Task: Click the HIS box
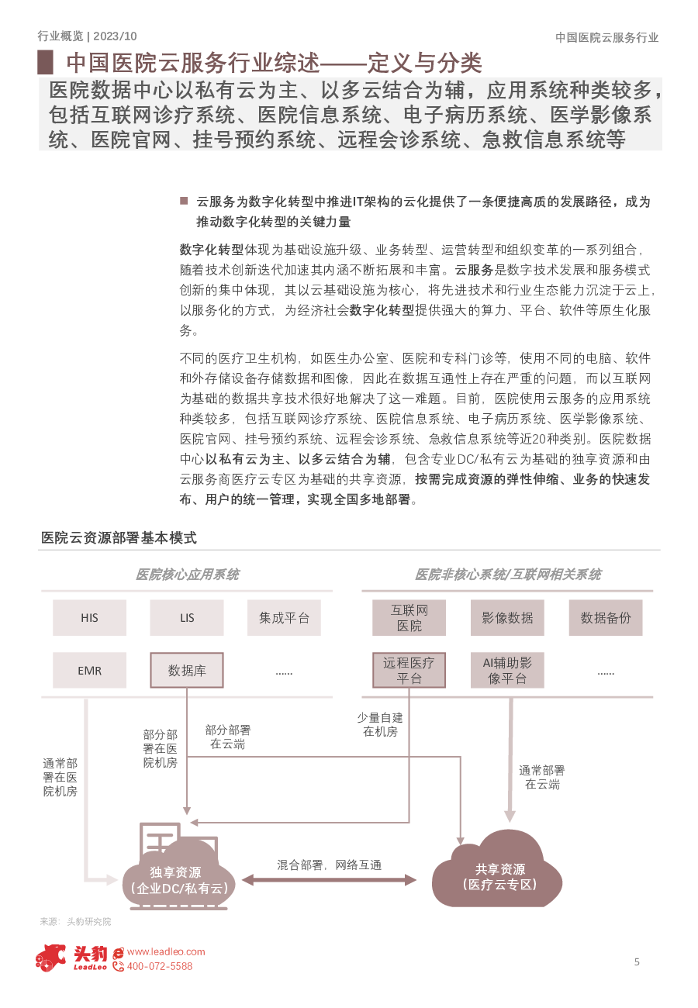[x=89, y=617]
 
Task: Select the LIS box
[x=187, y=617]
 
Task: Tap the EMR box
[x=89, y=670]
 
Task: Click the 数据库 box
[x=187, y=670]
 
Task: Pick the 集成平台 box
[x=284, y=617]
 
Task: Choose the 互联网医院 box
[x=409, y=617]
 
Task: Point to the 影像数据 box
[x=507, y=617]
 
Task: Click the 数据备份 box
[x=606, y=617]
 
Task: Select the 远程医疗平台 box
[x=409, y=670]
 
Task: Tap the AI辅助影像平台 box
[x=507, y=670]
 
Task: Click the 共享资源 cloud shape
[x=497, y=873]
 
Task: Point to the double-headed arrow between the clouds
[x=329, y=880]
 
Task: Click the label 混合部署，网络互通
[x=329, y=865]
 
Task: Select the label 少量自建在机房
[x=380, y=724]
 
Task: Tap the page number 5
[x=637, y=961]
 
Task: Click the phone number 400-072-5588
[x=160, y=966]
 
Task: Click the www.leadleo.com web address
[x=166, y=951]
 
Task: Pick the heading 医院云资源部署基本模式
[x=119, y=537]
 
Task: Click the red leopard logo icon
[x=50, y=958]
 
